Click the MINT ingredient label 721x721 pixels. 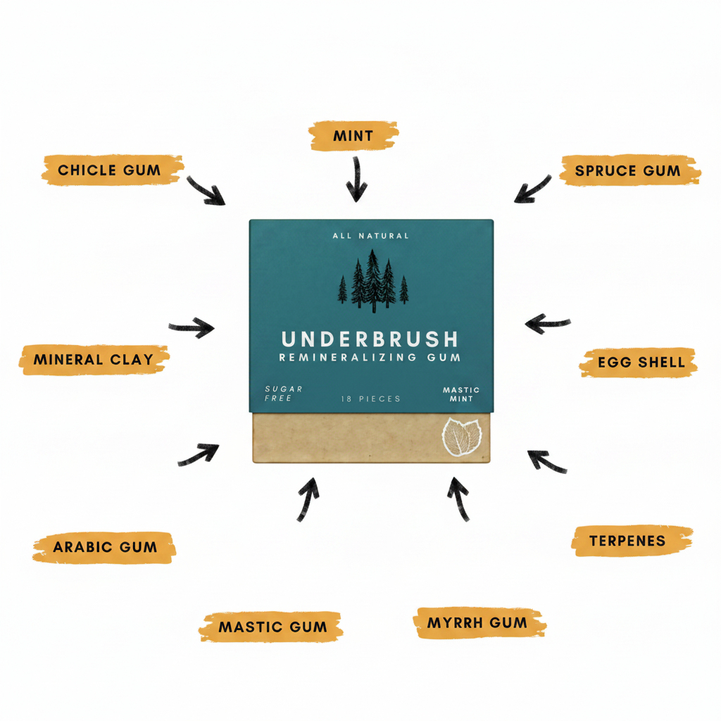coord(353,136)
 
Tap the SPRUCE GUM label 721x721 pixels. coord(629,170)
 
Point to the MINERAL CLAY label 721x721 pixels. coord(94,359)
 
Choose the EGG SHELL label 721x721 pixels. coord(639,363)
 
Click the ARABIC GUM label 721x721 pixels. coord(104,547)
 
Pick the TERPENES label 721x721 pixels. coord(632,541)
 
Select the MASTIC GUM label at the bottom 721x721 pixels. coord(271,626)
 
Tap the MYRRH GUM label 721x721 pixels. coord(479,622)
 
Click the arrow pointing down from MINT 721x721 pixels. coord(356,180)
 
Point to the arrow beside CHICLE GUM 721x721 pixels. coord(205,191)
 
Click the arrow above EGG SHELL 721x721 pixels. coord(547,323)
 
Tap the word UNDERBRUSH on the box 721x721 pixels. coord(370,339)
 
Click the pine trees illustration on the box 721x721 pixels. coord(373,281)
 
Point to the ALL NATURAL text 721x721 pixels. coord(370,236)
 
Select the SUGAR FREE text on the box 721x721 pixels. coord(283,394)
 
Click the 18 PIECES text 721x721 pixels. coord(370,399)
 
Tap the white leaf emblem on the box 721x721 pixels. coord(462,437)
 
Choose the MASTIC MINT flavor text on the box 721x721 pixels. coord(461,394)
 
